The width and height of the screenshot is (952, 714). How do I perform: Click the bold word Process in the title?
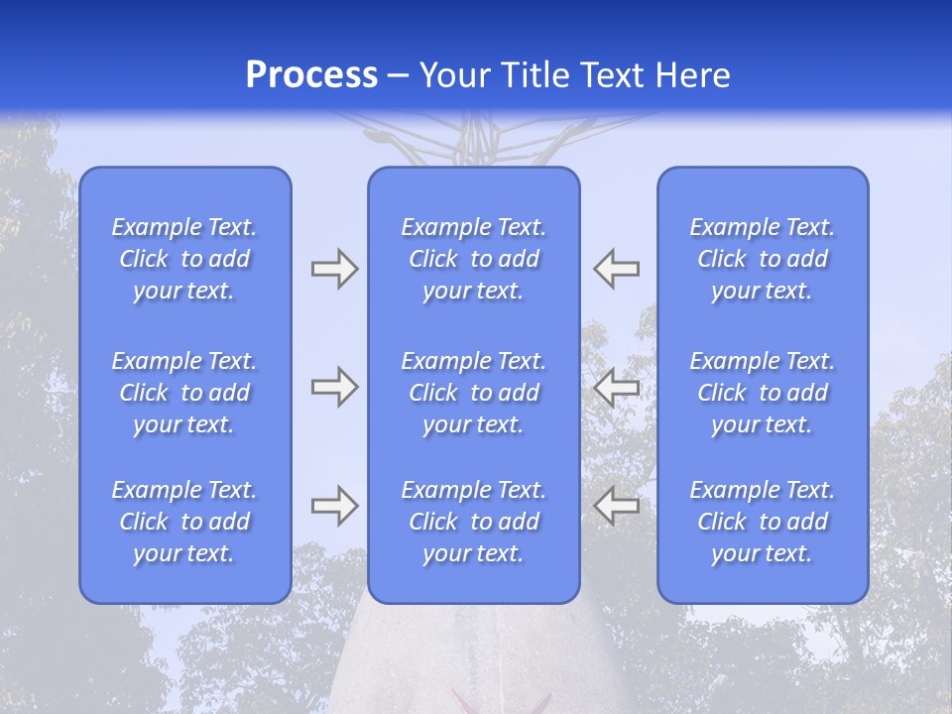311,75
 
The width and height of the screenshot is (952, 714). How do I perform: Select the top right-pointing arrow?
334,269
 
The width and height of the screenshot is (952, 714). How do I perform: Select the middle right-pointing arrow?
334,387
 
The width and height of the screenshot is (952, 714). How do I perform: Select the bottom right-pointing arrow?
334,506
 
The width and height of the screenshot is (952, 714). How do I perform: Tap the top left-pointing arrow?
617,269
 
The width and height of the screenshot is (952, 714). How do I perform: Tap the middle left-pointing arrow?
617,387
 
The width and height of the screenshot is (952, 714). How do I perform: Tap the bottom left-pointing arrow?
617,506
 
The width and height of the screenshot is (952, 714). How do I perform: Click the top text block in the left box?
184,259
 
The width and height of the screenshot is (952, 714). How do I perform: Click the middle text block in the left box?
184,393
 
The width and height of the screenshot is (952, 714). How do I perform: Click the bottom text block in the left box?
184,522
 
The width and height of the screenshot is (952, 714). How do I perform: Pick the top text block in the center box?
473,259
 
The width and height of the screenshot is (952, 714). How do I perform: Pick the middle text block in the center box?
473,393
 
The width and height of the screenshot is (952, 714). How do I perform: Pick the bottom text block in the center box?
473,522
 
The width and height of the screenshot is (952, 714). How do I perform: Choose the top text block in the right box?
762,259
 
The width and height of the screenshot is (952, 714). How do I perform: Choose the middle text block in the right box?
762,393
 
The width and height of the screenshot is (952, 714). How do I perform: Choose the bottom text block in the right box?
762,522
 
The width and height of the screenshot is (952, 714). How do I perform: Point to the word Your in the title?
456,75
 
